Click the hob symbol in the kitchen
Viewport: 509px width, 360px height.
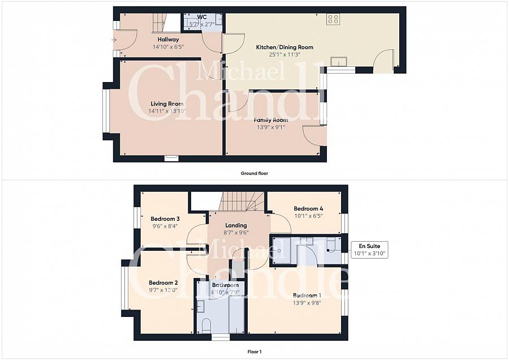tap(333, 19)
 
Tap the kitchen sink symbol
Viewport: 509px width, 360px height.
tap(339, 61)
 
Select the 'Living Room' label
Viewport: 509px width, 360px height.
tap(167, 104)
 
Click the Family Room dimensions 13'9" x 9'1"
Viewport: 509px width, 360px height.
tap(271, 127)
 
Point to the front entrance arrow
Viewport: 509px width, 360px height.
tap(114, 40)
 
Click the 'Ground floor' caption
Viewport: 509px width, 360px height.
tap(254, 173)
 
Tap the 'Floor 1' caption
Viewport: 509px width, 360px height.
tap(255, 352)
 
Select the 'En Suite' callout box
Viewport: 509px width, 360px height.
tap(369, 250)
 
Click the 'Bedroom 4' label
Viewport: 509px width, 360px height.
tap(308, 209)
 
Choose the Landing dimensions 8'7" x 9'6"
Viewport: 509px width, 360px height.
tap(236, 232)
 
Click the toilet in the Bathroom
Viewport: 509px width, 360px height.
tap(206, 325)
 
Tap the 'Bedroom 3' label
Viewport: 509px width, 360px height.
tap(165, 218)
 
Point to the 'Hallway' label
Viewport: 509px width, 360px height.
tap(168, 39)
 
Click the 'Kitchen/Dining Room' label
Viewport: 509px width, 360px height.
tap(284, 47)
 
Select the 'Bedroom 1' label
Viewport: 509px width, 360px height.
tap(307, 295)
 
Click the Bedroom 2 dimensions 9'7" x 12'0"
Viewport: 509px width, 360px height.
tap(163, 290)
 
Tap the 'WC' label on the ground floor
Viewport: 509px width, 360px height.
tap(201, 17)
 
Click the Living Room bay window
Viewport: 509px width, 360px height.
tap(106, 111)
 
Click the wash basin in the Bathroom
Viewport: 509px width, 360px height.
tap(200, 306)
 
